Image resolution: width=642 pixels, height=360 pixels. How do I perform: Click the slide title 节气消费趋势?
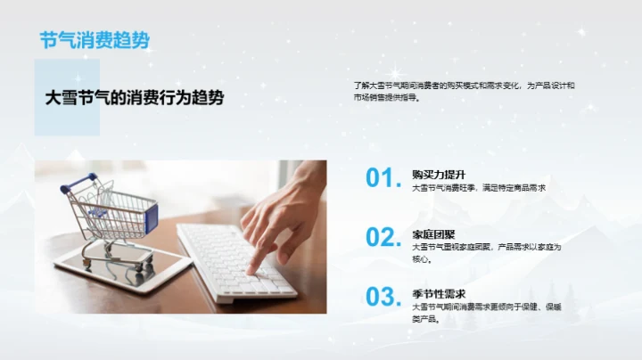pyautogui.click(x=95, y=39)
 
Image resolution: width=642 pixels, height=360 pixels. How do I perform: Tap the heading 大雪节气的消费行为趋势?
pyautogui.click(x=135, y=97)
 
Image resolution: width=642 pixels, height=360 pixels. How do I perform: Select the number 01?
pyautogui.click(x=383, y=178)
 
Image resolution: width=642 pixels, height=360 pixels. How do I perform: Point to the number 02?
pyautogui.click(x=383, y=237)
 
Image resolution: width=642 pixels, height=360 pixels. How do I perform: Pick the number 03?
pyautogui.click(x=383, y=297)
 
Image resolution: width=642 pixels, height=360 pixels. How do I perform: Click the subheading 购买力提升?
pyautogui.click(x=439, y=174)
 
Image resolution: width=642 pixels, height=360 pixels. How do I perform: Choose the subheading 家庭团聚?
pyautogui.click(x=433, y=233)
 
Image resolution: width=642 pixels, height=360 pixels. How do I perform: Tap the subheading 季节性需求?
pyautogui.click(x=439, y=293)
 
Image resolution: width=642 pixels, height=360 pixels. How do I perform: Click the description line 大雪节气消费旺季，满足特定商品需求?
pyautogui.click(x=478, y=188)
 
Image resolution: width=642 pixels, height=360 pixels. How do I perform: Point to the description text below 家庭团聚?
pyautogui.click(x=486, y=253)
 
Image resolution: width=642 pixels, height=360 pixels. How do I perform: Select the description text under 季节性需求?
pyautogui.click(x=486, y=312)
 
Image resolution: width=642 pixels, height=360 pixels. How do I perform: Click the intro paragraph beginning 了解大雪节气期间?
pyautogui.click(x=464, y=91)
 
